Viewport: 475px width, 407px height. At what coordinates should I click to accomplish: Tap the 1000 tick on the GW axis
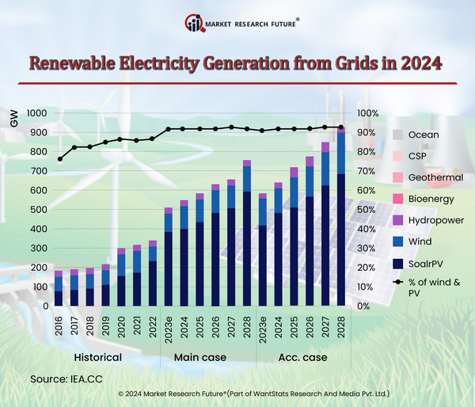point(37,113)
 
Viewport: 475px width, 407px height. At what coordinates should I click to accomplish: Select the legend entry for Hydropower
point(435,220)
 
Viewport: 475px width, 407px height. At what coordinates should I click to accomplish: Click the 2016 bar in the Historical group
point(59,288)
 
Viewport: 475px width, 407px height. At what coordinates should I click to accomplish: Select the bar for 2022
point(152,273)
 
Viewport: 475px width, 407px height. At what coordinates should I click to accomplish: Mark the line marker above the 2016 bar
point(60,159)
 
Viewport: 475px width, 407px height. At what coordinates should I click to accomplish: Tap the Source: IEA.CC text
point(69,378)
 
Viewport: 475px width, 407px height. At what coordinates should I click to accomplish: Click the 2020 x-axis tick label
point(121,326)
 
